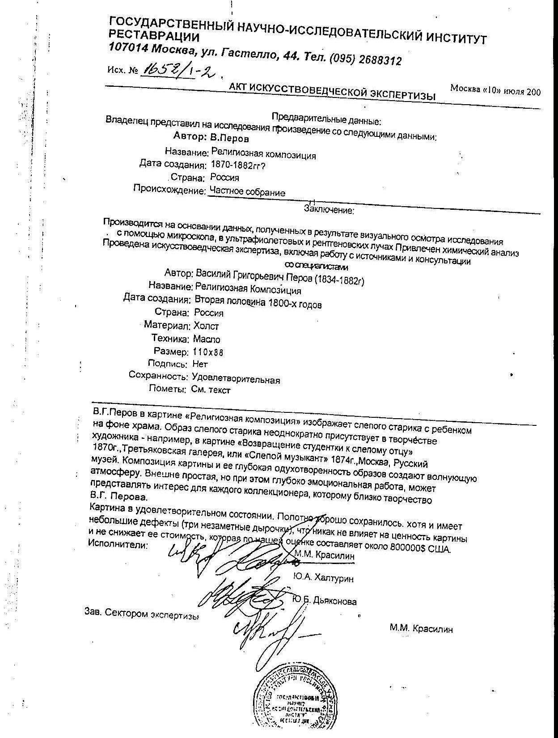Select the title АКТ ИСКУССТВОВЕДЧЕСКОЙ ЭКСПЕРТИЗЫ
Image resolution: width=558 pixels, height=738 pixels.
(331, 91)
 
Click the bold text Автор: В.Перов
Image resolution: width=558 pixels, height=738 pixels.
(211, 137)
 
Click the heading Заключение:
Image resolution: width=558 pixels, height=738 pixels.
(329, 209)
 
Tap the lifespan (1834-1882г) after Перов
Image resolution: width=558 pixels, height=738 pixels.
(339, 280)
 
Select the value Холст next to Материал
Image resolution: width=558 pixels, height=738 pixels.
(206, 326)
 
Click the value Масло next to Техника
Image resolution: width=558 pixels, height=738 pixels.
(206, 339)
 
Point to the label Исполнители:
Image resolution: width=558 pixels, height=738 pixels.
(118, 545)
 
